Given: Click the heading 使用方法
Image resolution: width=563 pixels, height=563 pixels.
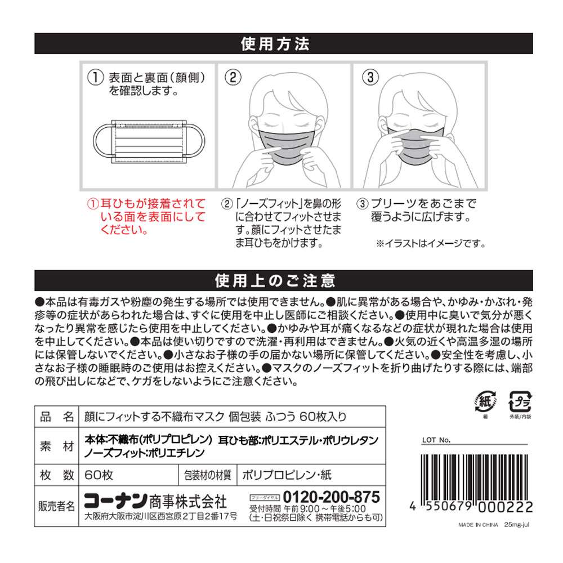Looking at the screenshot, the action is tap(275, 44).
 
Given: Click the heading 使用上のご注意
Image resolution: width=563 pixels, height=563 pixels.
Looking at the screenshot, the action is tap(275, 281).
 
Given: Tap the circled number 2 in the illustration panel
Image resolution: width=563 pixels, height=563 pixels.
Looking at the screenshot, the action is tap(233, 77).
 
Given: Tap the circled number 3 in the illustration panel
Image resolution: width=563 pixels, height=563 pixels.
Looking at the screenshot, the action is tap(370, 77).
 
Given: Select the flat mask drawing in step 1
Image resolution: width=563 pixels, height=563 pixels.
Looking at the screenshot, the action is tap(149, 142).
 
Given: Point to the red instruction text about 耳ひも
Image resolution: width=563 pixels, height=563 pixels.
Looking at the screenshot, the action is tap(146, 217).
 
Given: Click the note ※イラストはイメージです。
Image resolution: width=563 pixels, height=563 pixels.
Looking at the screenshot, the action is tap(431, 244).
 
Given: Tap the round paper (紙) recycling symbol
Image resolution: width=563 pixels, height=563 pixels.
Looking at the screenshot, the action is tap(485, 402).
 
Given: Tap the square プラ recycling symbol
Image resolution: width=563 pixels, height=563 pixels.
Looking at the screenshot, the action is tap(520, 402).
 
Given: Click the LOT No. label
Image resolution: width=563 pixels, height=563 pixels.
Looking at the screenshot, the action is tap(436, 440).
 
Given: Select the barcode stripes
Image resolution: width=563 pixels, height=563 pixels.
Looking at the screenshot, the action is tap(475, 477).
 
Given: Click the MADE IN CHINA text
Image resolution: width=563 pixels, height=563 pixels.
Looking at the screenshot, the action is tap(478, 525).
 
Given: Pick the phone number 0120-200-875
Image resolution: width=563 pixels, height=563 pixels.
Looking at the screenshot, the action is tap(331, 497).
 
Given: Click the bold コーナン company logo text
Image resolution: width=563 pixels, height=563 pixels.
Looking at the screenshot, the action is tap(115, 501).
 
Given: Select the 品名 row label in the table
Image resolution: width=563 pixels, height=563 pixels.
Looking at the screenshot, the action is tap(57, 417).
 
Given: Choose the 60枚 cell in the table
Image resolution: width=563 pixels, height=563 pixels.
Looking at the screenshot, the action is tap(99, 475).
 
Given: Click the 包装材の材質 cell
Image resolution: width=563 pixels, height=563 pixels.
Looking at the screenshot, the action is tap(208, 475).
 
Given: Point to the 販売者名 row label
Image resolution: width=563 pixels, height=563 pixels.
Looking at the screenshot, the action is tap(56, 506).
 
